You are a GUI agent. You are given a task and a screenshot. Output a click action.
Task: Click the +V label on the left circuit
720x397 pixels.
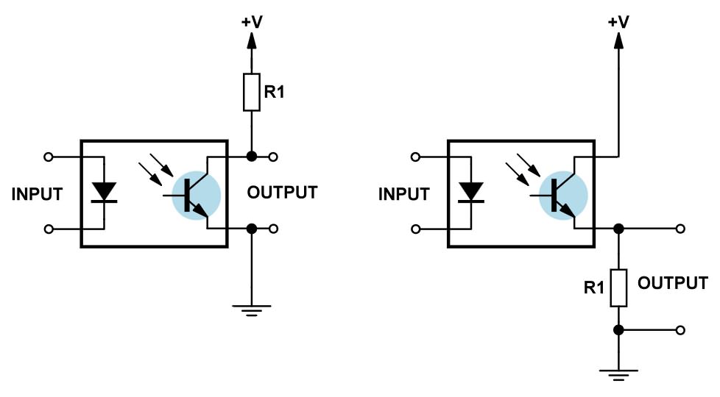pyautogui.click(x=252, y=21)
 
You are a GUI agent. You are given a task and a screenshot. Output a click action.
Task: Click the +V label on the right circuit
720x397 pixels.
pyautogui.click(x=618, y=21)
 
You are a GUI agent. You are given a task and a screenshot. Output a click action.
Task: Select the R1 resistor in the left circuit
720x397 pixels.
pyautogui.click(x=252, y=92)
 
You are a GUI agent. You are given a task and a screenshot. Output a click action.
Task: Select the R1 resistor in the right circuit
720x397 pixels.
pyautogui.click(x=618, y=288)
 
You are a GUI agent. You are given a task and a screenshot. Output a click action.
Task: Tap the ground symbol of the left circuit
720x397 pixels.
pyautogui.click(x=252, y=311)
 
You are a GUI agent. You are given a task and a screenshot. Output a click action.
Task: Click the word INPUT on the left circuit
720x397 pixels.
pyautogui.click(x=37, y=194)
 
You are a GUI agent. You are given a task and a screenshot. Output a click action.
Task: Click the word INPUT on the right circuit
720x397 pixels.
pyautogui.click(x=403, y=194)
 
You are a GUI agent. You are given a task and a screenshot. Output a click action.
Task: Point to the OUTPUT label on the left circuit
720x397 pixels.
pyautogui.click(x=283, y=193)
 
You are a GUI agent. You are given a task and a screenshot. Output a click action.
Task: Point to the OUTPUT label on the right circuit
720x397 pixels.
pyautogui.click(x=673, y=283)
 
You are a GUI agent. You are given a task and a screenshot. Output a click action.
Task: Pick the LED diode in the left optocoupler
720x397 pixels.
pyautogui.click(x=105, y=192)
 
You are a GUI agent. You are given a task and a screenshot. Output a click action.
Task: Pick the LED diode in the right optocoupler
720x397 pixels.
pyautogui.click(x=471, y=192)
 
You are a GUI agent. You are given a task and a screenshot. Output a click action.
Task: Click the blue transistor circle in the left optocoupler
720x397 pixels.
pyautogui.click(x=196, y=196)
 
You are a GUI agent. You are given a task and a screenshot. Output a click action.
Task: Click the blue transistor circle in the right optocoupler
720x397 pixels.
pyautogui.click(x=563, y=196)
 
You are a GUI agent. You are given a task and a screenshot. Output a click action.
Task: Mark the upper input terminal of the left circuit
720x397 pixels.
pyautogui.click(x=48, y=157)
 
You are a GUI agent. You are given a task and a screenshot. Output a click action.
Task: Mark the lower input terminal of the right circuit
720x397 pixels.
pyautogui.click(x=415, y=229)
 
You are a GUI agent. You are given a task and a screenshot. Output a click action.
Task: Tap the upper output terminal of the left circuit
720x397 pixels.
pyautogui.click(x=273, y=157)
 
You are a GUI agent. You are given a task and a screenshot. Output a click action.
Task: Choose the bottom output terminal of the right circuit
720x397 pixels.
pyautogui.click(x=680, y=329)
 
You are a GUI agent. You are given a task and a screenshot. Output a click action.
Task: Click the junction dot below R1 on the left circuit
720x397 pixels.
pyautogui.click(x=252, y=157)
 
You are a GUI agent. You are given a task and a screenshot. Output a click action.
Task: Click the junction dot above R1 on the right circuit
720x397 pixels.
pyautogui.click(x=618, y=229)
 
